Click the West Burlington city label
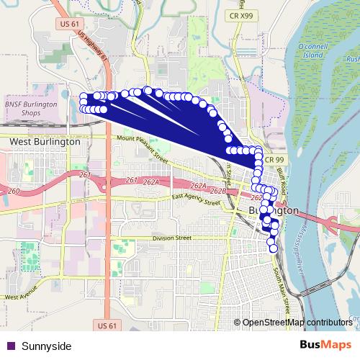click(x=45, y=143)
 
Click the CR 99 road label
click(x=274, y=159)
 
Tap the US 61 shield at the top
click(x=64, y=24)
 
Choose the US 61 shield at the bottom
click(x=107, y=326)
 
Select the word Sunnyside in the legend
click(x=47, y=346)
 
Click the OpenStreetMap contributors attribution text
click(x=297, y=322)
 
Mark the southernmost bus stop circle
click(x=273, y=248)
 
